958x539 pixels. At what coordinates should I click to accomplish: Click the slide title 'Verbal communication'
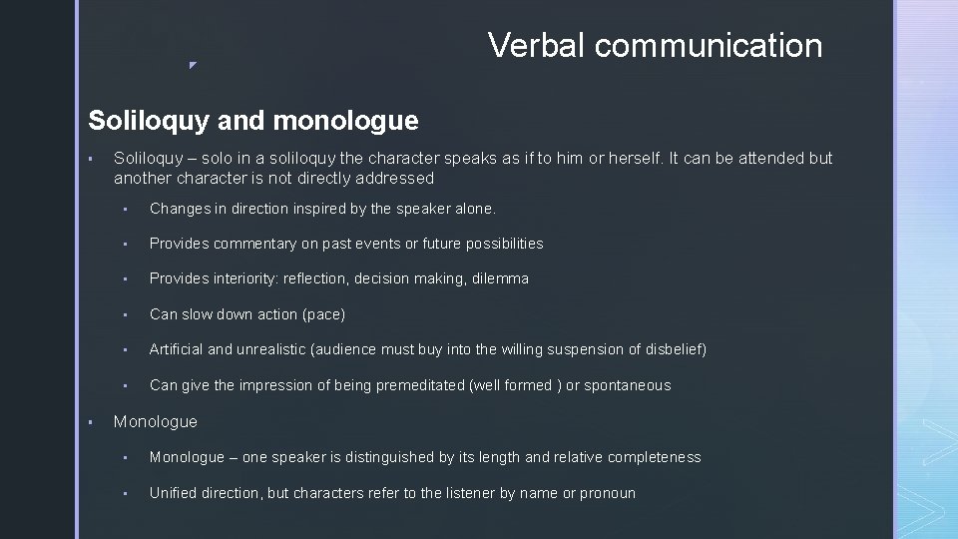[x=655, y=46]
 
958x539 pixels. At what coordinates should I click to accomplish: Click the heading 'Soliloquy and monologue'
[x=253, y=122]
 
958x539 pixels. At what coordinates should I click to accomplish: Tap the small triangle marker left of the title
[x=193, y=66]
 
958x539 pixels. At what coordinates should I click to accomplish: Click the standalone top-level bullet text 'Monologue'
[x=156, y=421]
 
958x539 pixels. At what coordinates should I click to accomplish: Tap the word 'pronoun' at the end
[x=607, y=493]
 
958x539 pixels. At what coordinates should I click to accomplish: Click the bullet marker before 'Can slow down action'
[x=126, y=314]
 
